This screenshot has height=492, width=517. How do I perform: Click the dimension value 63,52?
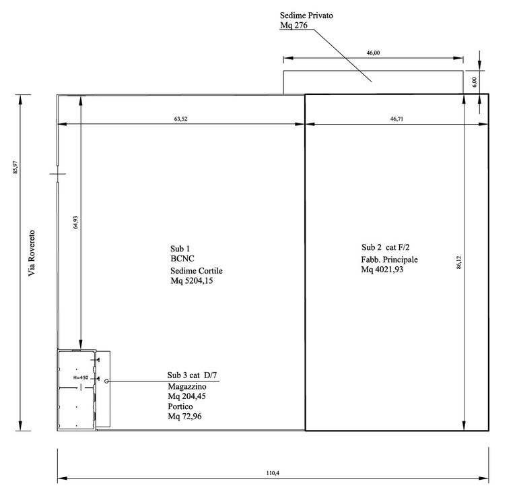coord(180,119)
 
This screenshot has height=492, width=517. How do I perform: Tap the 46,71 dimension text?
coord(397,119)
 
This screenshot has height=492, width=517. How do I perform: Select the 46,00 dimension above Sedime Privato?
coord(373,53)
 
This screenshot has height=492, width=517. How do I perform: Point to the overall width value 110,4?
coord(273,473)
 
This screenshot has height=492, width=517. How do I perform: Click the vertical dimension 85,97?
coord(15,167)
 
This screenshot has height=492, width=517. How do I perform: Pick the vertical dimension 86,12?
coord(459,262)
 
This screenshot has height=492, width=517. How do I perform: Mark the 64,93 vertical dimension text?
coord(75,222)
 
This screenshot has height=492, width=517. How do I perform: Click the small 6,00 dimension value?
coord(474,82)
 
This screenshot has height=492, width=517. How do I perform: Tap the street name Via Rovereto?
coord(32,253)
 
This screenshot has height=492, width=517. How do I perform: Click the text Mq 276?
coord(294,25)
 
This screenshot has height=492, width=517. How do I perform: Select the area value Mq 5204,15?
coord(192,280)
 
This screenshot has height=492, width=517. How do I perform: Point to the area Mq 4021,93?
coord(382,270)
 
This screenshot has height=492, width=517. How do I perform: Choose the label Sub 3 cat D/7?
coord(192,375)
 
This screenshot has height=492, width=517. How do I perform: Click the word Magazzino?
coord(187,386)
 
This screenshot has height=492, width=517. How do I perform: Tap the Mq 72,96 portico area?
coord(184,416)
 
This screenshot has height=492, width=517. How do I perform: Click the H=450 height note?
coord(81,377)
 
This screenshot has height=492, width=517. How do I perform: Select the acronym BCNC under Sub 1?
coord(182,259)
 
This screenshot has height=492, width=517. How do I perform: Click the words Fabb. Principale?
coord(389,259)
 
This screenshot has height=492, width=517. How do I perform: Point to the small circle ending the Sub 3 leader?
coord(106,381)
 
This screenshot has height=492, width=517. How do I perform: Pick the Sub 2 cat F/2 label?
coord(386,247)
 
